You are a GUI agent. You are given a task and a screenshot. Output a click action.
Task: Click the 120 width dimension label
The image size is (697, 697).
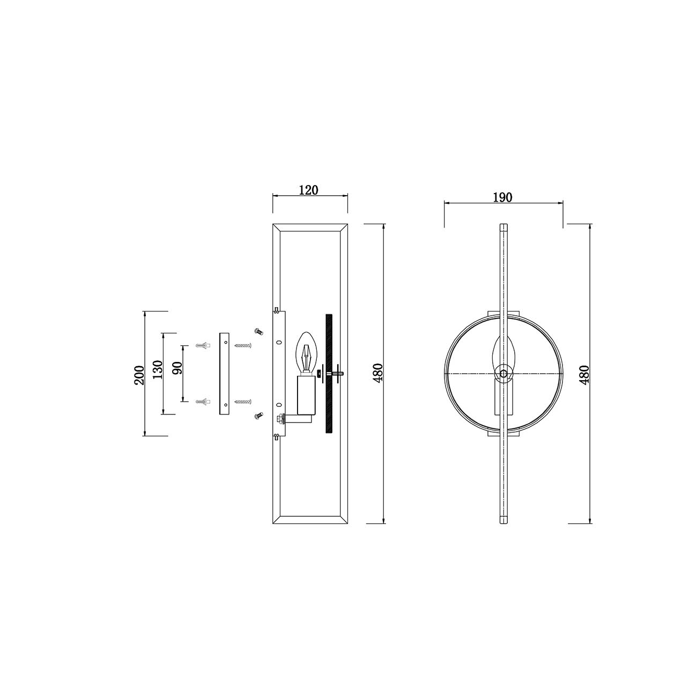click(308, 190)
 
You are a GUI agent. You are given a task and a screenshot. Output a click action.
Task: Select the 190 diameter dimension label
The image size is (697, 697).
click(503, 197)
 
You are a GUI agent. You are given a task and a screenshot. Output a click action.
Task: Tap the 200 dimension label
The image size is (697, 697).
click(139, 375)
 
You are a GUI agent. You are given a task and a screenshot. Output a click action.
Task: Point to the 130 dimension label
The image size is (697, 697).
click(158, 369)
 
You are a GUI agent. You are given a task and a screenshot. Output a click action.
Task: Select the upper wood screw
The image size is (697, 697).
click(243, 346)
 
